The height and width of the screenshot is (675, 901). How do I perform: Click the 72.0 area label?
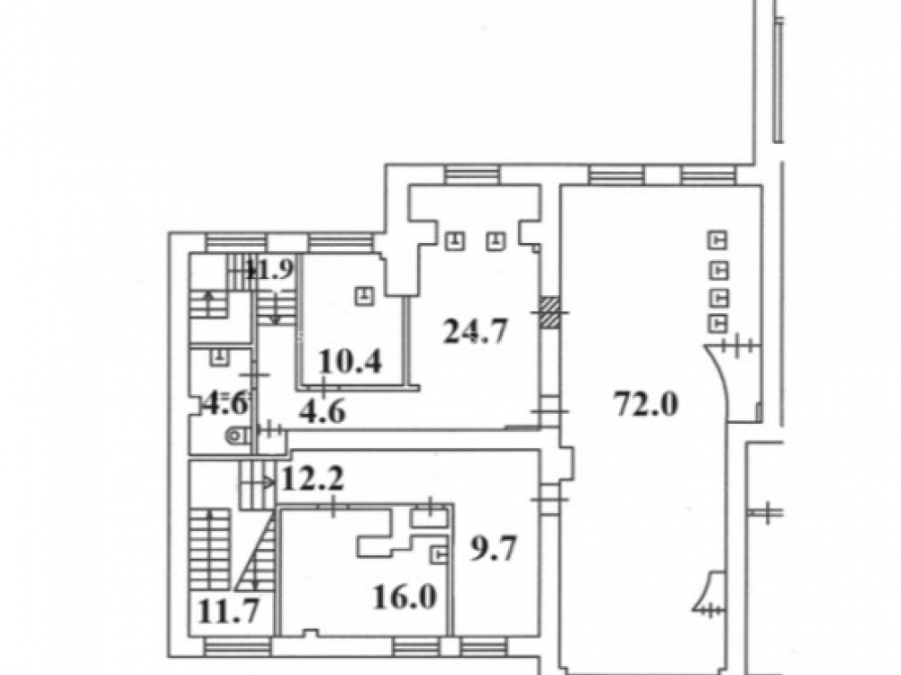tap(646, 403)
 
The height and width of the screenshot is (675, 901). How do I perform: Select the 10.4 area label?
tap(350, 362)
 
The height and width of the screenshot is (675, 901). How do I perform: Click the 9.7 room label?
tap(494, 547)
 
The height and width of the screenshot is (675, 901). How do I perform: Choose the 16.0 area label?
tap(405, 597)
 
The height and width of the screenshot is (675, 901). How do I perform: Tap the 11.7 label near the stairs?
tap(228, 610)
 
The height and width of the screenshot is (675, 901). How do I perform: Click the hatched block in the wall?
tap(551, 312)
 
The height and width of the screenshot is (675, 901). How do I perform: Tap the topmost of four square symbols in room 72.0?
tap(717, 240)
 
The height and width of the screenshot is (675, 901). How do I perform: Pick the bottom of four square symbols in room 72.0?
tap(717, 324)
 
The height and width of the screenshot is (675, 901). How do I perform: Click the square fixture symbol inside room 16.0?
tap(439, 555)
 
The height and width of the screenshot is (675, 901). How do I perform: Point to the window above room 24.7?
tap(472, 175)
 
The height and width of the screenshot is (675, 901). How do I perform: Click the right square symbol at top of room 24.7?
tap(496, 240)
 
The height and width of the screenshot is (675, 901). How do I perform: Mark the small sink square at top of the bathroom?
tap(219, 357)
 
